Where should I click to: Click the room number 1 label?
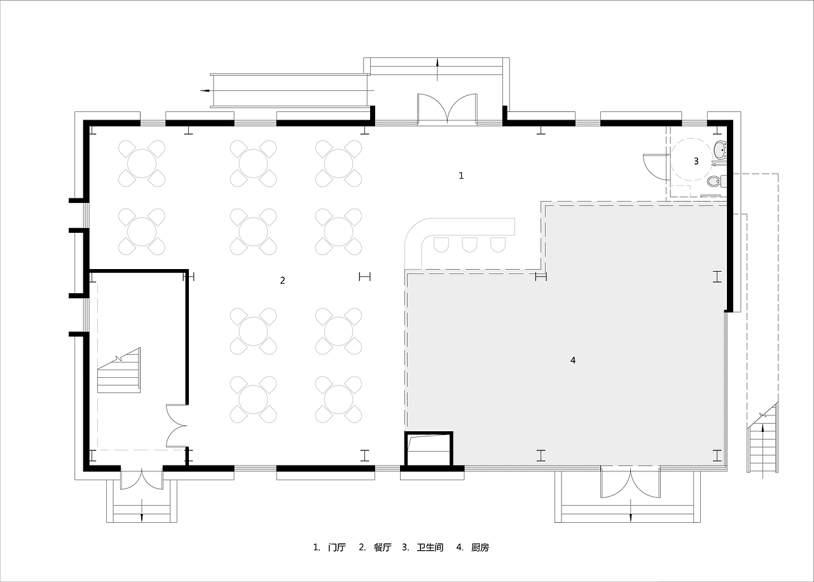(x=461, y=176)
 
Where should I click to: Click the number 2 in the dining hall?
(x=282, y=281)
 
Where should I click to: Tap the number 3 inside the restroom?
(x=696, y=161)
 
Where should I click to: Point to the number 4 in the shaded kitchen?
(x=573, y=360)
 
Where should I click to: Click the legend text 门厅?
(x=336, y=548)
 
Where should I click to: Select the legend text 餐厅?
(x=382, y=548)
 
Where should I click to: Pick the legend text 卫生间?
(x=430, y=548)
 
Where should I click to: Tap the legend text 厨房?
(x=480, y=548)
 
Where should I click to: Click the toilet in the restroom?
(x=717, y=181)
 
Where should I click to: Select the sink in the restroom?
(x=720, y=150)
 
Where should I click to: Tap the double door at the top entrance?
(x=447, y=109)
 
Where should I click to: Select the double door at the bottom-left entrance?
(x=142, y=480)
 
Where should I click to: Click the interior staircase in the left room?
(x=119, y=370)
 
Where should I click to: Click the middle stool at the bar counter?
(x=469, y=245)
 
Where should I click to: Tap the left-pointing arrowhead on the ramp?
(x=205, y=90)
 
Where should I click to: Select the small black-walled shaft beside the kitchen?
(x=429, y=448)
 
